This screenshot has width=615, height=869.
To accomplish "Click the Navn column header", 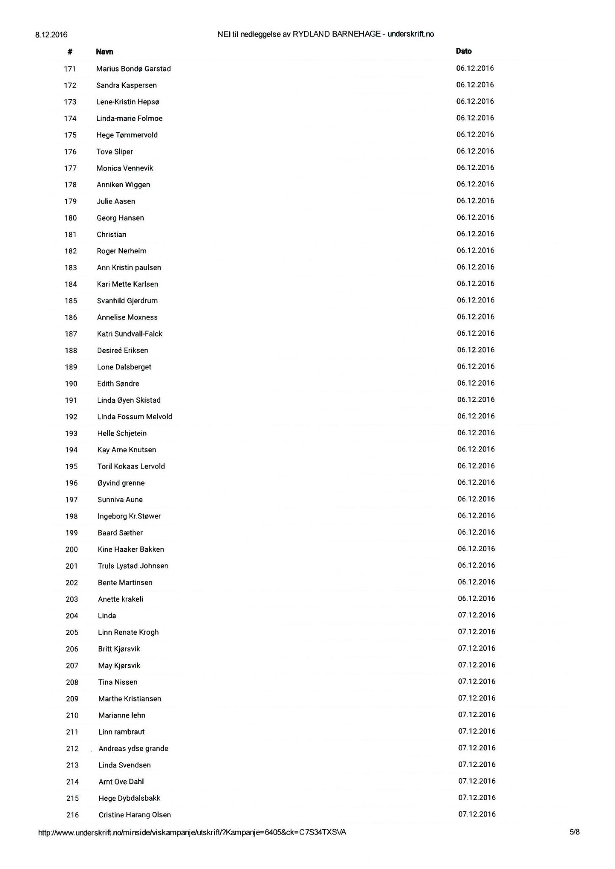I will pyautogui.click(x=104, y=52).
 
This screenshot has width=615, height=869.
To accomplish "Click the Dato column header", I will pyautogui.click(x=463, y=51).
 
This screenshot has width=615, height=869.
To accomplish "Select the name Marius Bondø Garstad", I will pyautogui.click(x=133, y=69).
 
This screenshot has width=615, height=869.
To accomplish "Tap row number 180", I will pyautogui.click(x=70, y=218).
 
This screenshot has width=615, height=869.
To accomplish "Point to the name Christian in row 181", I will pyautogui.click(x=111, y=235).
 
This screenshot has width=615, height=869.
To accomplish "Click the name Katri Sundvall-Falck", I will pyautogui.click(x=129, y=334).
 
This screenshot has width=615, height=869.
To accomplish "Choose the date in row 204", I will pyautogui.click(x=476, y=615).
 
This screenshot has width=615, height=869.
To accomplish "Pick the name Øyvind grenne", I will pyautogui.click(x=121, y=483).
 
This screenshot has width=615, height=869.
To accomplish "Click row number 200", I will pyautogui.click(x=72, y=549).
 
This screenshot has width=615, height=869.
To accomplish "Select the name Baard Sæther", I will pyautogui.click(x=120, y=533).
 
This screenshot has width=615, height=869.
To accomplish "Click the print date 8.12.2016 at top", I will pyautogui.click(x=51, y=35).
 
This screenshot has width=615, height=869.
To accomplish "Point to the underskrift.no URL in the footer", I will pyautogui.click(x=192, y=833).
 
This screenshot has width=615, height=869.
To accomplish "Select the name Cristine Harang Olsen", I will pyautogui.click(x=135, y=815).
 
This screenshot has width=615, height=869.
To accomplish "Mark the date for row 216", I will pyautogui.click(x=477, y=814).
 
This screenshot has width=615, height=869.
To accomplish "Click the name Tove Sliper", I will pyautogui.click(x=115, y=152).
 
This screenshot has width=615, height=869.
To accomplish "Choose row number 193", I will pyautogui.click(x=71, y=433).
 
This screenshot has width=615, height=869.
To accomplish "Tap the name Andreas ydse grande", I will pyautogui.click(x=133, y=748).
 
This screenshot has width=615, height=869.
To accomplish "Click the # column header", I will pyautogui.click(x=70, y=52).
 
